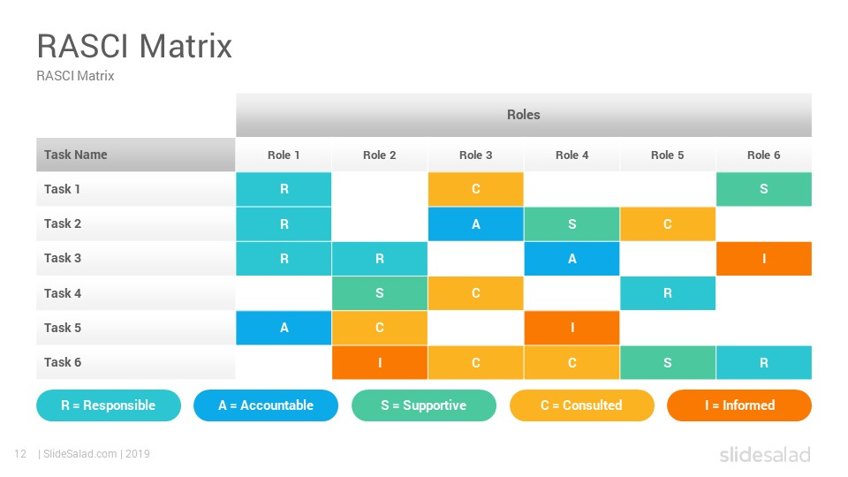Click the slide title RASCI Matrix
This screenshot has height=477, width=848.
click(134, 45)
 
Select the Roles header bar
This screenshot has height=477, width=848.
click(523, 115)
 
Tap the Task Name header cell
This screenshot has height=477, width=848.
click(135, 155)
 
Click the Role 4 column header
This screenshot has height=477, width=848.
click(572, 155)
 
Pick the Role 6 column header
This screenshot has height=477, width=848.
click(763, 155)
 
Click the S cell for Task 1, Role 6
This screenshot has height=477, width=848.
click(763, 189)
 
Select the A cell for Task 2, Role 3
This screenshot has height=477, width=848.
click(475, 224)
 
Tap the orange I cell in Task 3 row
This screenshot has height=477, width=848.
click(763, 259)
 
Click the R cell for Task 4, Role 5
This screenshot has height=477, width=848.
click(667, 293)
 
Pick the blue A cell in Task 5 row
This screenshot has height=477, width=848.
click(284, 328)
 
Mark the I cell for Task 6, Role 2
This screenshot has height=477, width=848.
click(380, 362)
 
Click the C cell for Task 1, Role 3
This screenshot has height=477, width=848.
click(475, 189)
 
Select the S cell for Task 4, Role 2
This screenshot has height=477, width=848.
click(380, 293)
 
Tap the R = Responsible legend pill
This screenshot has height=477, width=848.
click(108, 405)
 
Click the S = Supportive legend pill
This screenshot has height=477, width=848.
click(423, 405)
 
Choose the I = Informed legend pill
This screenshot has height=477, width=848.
click(739, 405)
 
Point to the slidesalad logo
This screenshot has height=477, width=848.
click(764, 455)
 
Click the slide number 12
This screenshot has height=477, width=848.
click(19, 454)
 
